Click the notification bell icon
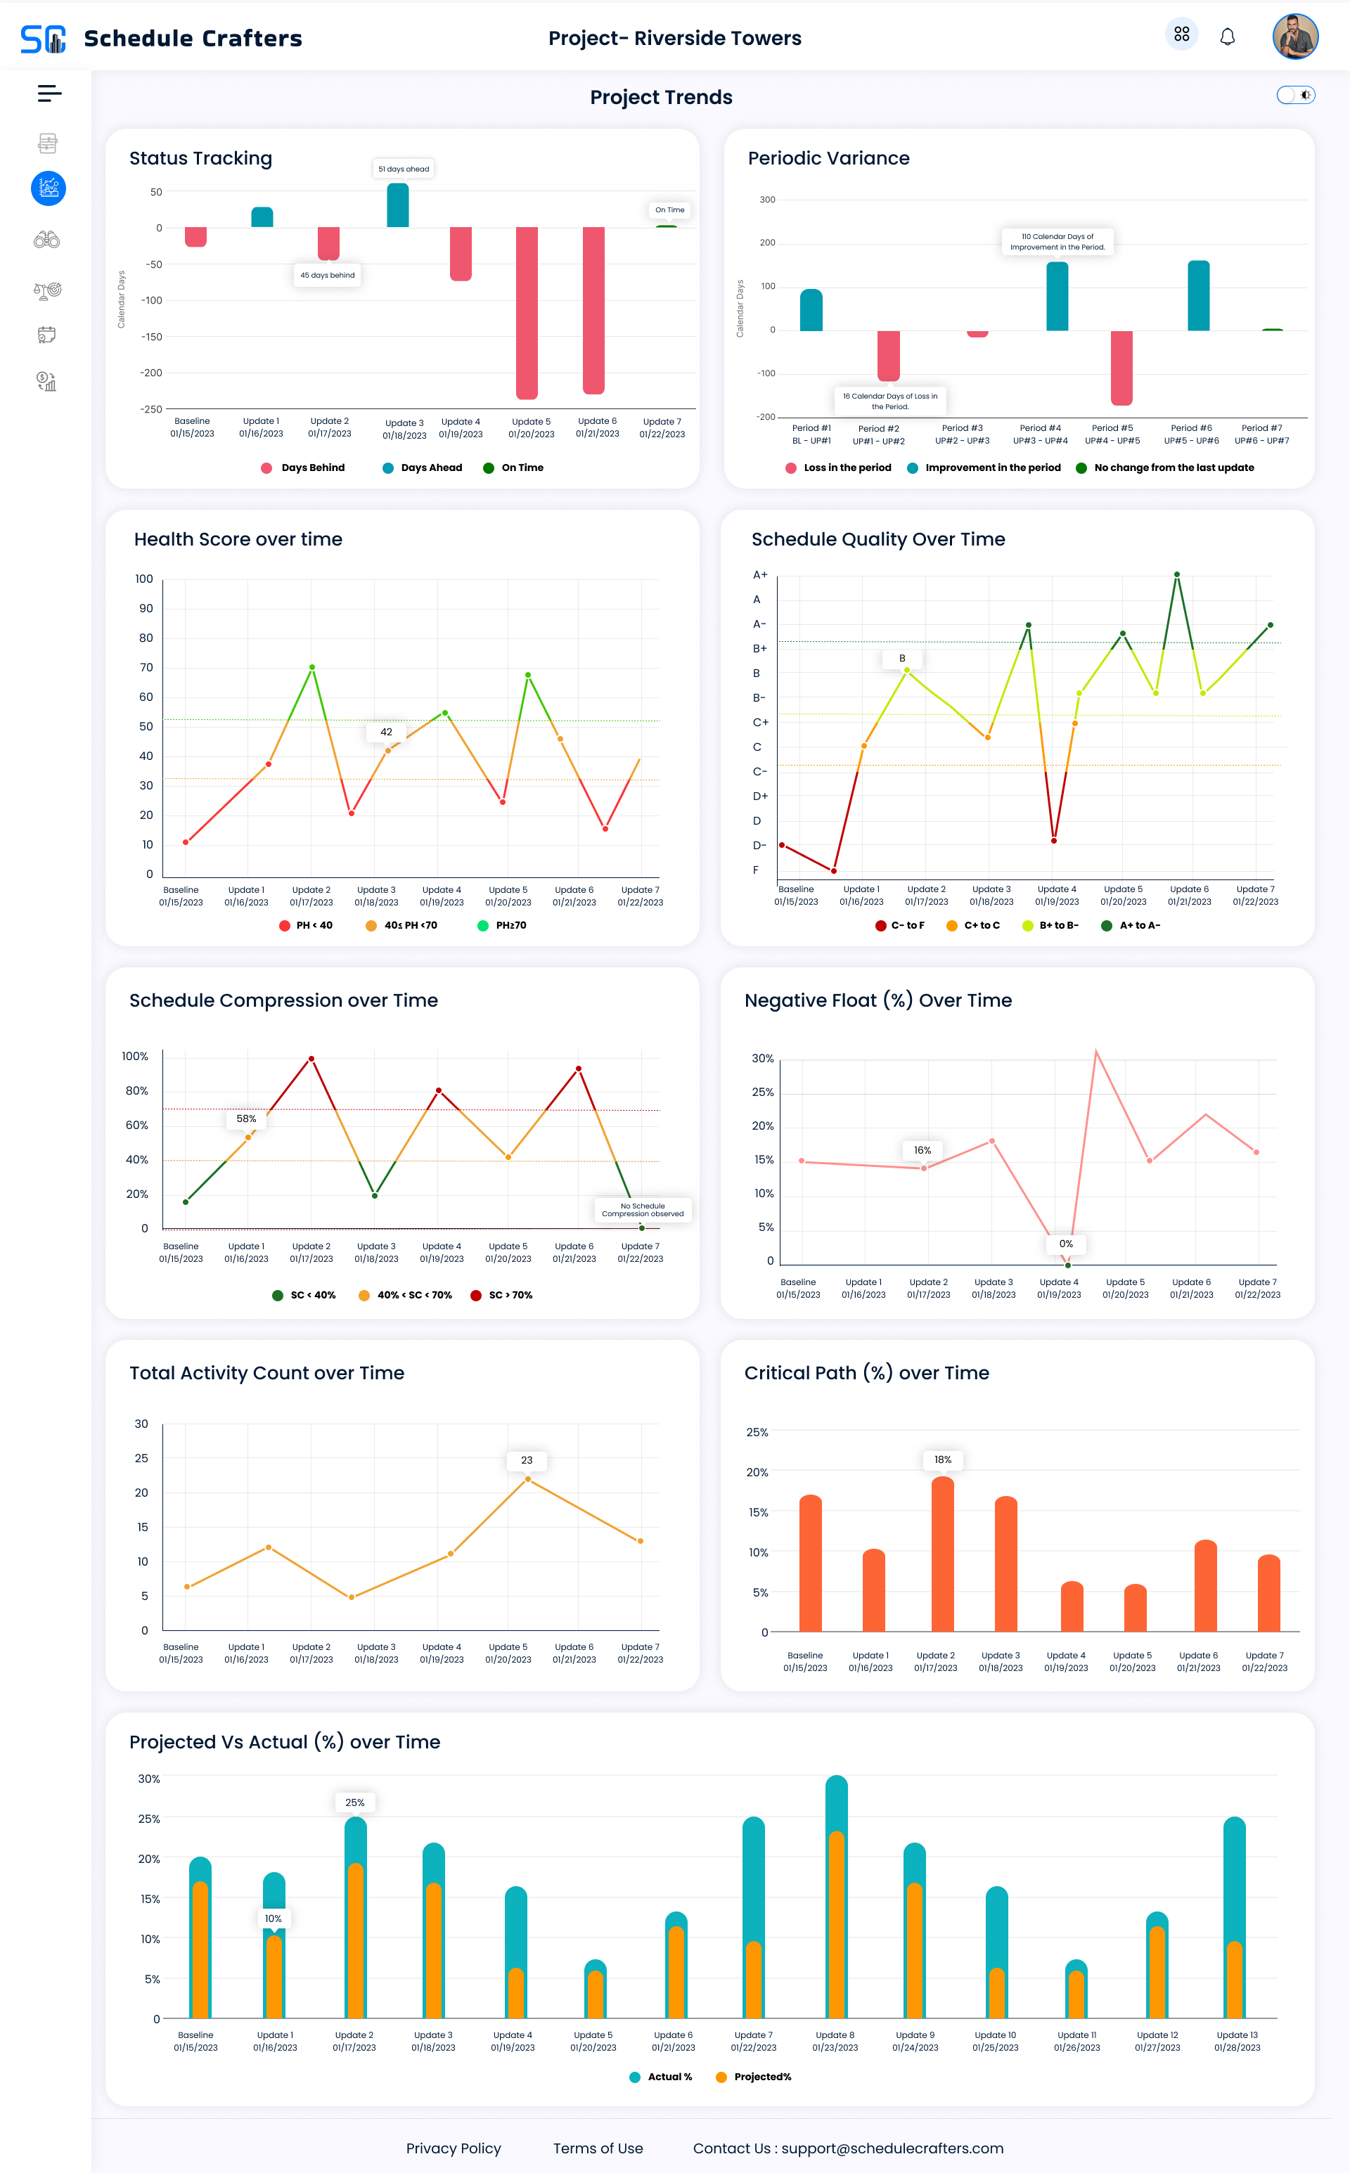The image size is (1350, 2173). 1228,37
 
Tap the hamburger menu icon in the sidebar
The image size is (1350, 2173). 49,93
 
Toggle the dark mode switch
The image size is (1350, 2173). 1296,95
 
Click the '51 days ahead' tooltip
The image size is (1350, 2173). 404,169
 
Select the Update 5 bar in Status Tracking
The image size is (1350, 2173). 527,312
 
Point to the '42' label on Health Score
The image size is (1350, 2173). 387,732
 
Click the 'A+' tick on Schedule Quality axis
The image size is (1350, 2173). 760,575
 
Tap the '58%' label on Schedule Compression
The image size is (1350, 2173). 246,1118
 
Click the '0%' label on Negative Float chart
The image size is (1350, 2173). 1066,1244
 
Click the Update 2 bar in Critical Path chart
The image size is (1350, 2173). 943,1554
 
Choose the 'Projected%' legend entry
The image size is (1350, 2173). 754,2077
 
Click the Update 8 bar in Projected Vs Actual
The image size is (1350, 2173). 837,1897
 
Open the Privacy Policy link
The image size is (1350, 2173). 454,2148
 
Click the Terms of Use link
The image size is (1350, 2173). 598,2148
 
